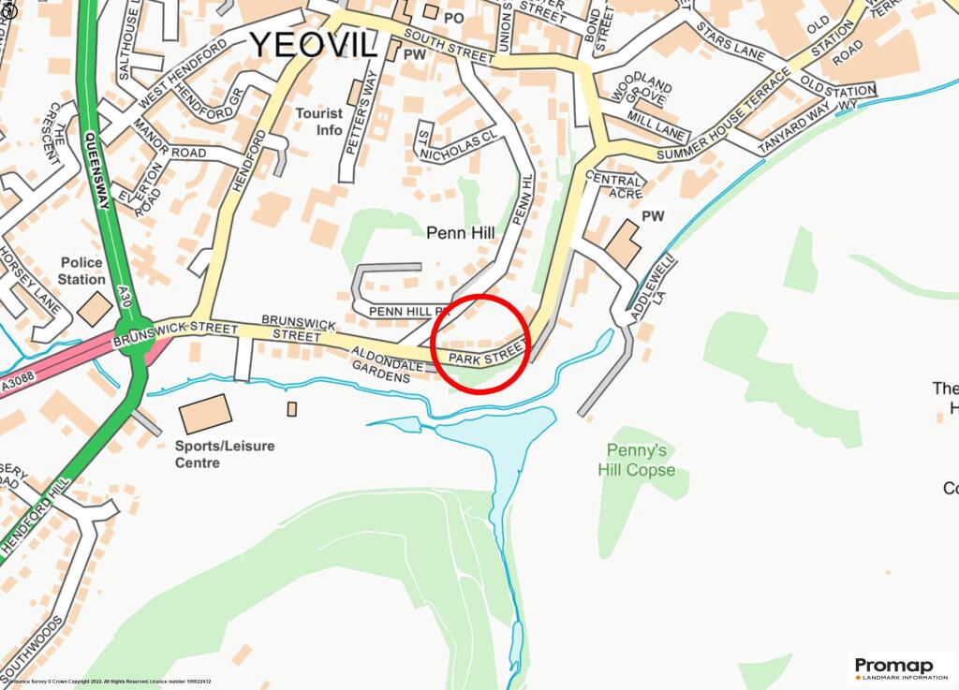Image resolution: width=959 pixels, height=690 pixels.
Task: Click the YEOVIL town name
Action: pyautogui.click(x=313, y=43)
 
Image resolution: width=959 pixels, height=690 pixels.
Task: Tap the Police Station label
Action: pyautogui.click(x=81, y=272)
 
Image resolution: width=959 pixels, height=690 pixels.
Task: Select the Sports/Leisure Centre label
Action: pyautogui.click(x=225, y=454)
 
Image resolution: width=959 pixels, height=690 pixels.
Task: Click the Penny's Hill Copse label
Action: pyautogui.click(x=637, y=461)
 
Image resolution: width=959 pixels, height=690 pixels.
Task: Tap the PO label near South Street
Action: pyautogui.click(x=454, y=17)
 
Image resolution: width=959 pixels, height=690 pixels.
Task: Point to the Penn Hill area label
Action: pyautogui.click(x=459, y=232)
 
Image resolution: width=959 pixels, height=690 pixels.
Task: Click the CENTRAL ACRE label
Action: pyautogui.click(x=615, y=186)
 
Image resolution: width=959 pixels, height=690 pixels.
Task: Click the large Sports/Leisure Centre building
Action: pyautogui.click(x=204, y=414)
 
